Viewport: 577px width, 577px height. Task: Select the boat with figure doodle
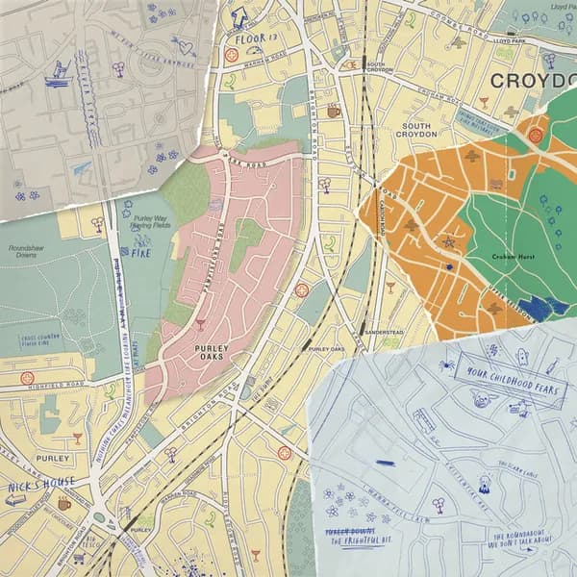[x=59, y=72]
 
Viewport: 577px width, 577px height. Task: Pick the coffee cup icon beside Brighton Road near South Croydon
[x=334, y=112]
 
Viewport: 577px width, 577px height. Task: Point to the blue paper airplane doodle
[x=82, y=168]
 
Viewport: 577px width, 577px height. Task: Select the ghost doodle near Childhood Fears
[x=521, y=357]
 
